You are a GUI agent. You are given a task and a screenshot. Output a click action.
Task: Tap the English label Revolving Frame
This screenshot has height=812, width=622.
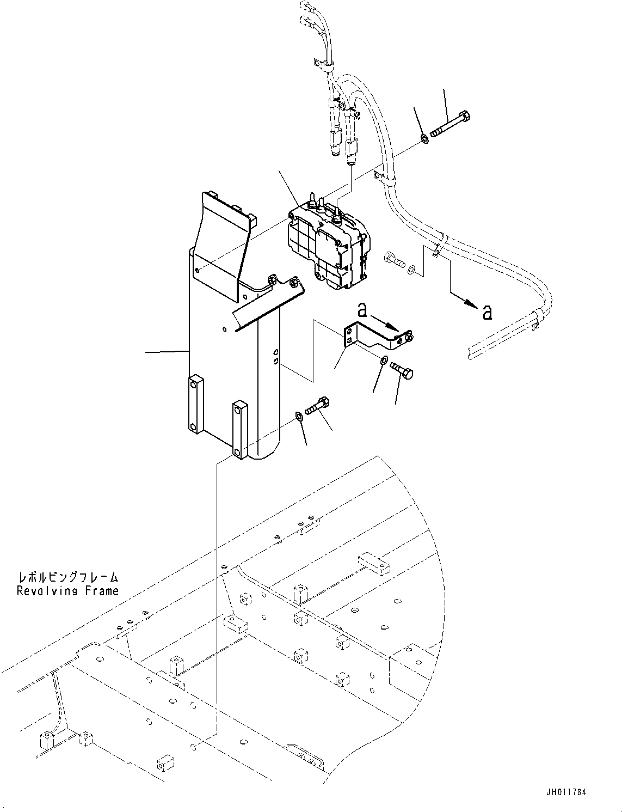click(67, 591)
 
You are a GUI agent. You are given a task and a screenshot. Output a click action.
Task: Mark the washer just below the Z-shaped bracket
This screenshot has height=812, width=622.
click(384, 360)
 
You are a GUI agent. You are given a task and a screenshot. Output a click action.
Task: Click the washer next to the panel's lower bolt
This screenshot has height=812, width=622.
click(299, 417)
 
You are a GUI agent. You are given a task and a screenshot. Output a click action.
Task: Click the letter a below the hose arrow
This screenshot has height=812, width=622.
click(488, 312)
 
